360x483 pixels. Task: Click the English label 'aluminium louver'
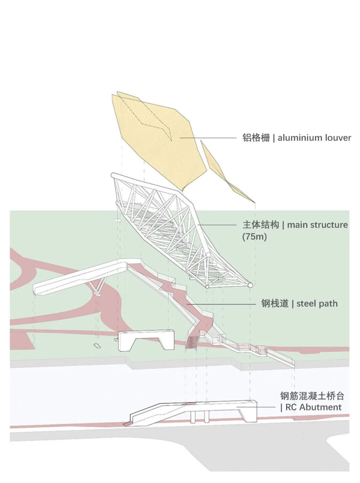(x=314, y=138)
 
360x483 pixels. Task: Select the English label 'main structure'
(x=317, y=225)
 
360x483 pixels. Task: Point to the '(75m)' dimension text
(x=255, y=237)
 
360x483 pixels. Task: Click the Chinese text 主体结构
(x=261, y=225)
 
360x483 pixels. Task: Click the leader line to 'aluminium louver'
(x=208, y=138)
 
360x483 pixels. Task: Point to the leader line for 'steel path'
(x=221, y=304)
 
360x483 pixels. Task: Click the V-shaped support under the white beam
(x=98, y=286)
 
